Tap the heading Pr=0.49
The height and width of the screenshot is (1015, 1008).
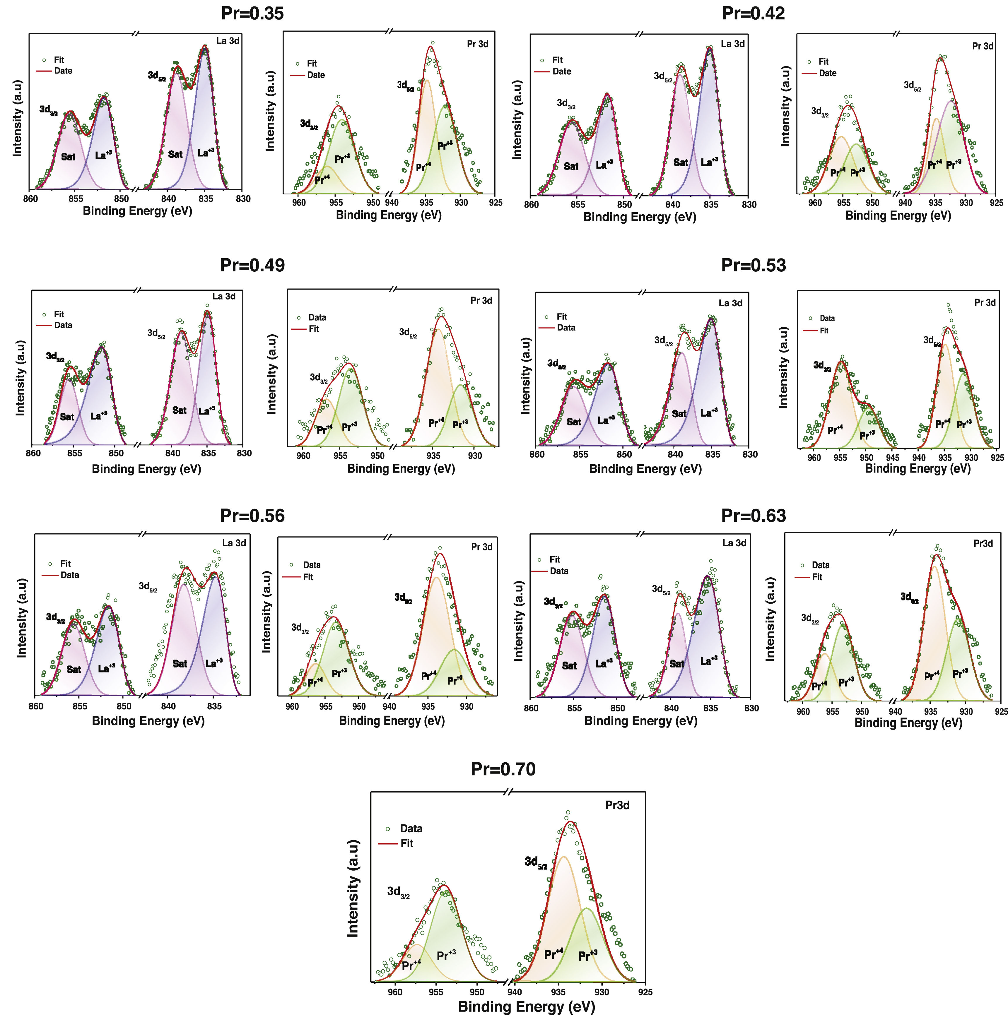click(252, 265)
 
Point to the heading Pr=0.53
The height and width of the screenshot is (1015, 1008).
click(753, 265)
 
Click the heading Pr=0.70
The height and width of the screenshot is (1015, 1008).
click(503, 769)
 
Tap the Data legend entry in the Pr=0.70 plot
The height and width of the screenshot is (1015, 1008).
click(411, 829)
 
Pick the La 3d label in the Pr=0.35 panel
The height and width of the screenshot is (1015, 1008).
click(228, 40)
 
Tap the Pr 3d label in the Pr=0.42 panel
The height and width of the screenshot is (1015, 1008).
click(982, 46)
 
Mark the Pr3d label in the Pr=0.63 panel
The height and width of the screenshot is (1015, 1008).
click(983, 544)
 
